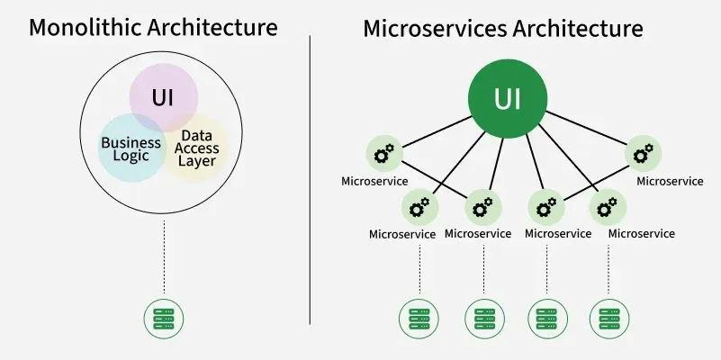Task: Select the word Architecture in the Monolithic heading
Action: click(218, 27)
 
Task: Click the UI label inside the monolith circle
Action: click(163, 96)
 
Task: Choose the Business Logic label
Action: click(131, 149)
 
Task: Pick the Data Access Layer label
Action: click(196, 148)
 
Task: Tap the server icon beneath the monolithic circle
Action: click(164, 317)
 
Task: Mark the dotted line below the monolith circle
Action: click(164, 256)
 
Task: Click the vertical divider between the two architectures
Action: click(311, 180)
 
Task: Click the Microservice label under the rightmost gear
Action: click(670, 181)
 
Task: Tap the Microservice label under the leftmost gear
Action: click(374, 181)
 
